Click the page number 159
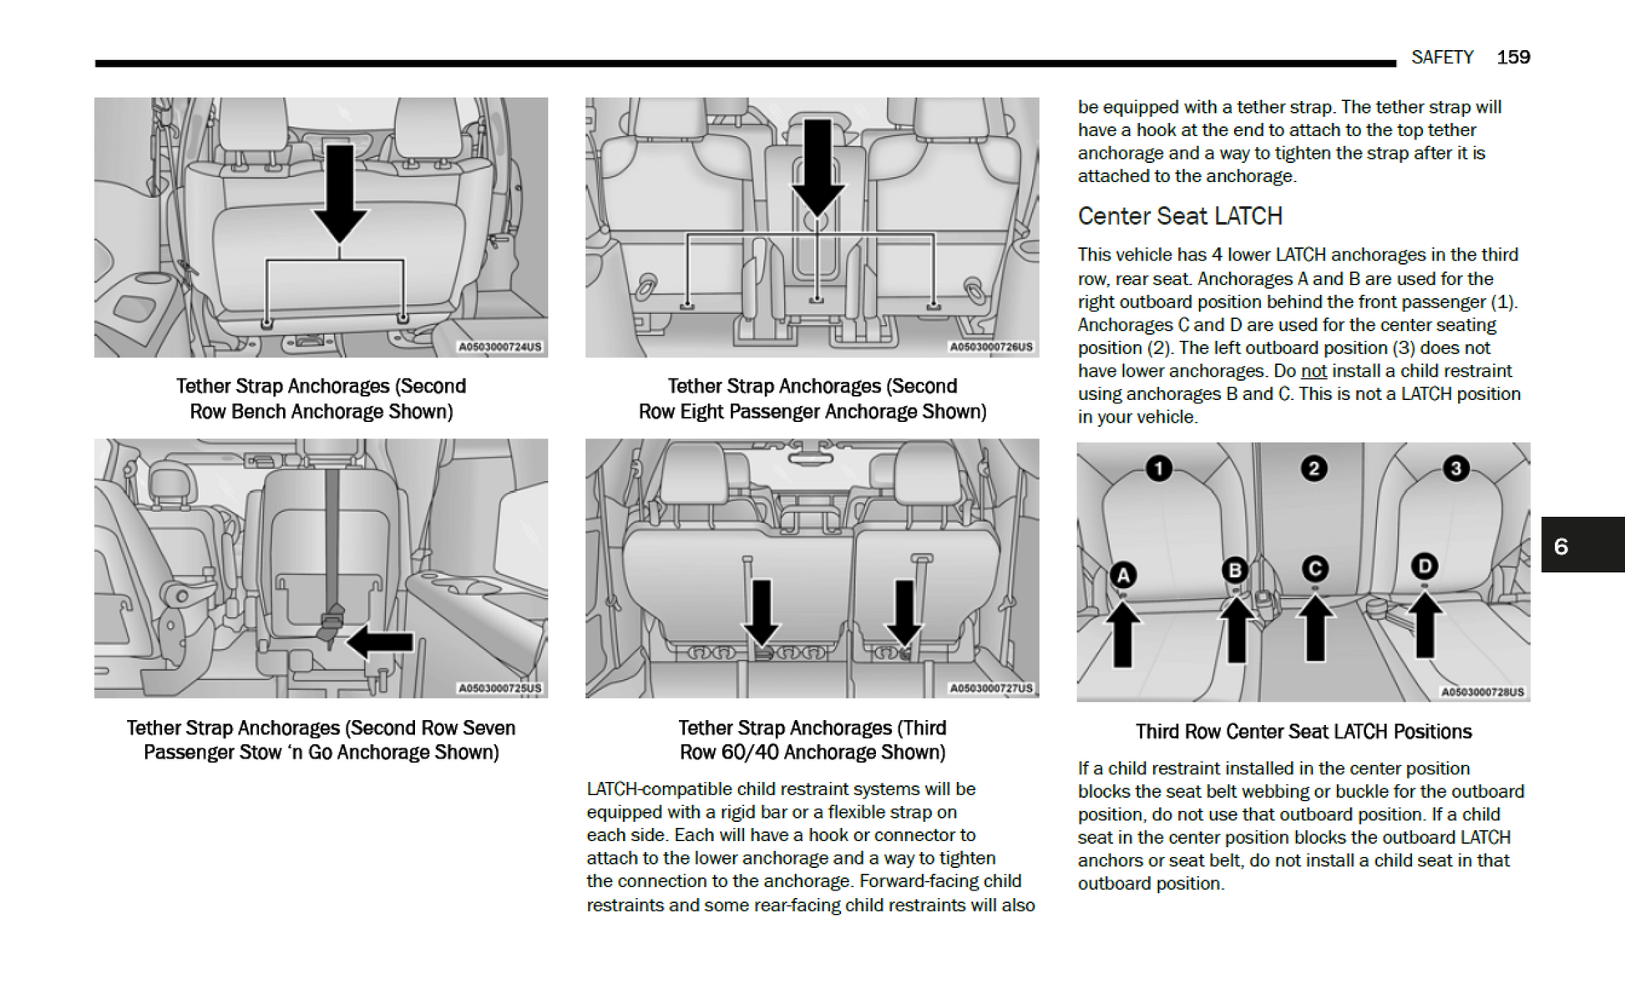point(1512,58)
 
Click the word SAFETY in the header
point(1442,58)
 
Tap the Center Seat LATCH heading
point(1179,216)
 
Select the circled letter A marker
point(1123,575)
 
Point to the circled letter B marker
point(1234,571)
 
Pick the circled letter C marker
point(1315,569)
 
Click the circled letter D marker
point(1425,566)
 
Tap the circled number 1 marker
point(1158,469)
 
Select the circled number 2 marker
point(1314,469)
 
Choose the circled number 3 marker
point(1455,469)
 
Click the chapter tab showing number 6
point(1582,545)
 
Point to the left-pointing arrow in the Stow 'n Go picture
point(380,642)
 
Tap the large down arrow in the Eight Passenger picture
point(817,167)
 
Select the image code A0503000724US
point(499,347)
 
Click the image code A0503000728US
point(1482,692)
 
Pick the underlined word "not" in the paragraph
point(1314,371)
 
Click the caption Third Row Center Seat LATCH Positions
point(1303,732)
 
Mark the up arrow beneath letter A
point(1123,635)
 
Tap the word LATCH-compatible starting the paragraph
point(635,789)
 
